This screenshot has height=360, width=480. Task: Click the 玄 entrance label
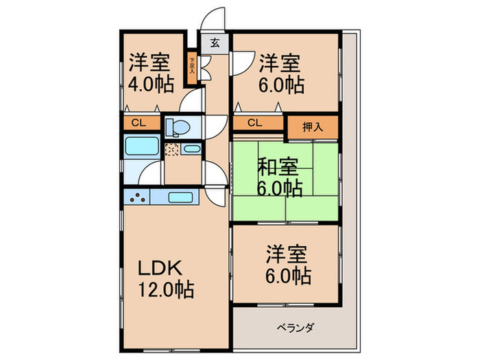pyautogui.click(x=215, y=43)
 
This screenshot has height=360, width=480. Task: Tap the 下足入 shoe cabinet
pyautogui.click(x=193, y=67)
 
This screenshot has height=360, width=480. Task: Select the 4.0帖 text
pyautogui.click(x=150, y=84)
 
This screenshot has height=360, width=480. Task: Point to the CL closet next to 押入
pyautogui.click(x=254, y=123)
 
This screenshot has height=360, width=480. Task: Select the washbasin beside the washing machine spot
pyautogui.click(x=192, y=149)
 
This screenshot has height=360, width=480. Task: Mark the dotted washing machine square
pyautogui.click(x=172, y=149)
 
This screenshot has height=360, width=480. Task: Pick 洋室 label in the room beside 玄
pyautogui.click(x=279, y=64)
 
